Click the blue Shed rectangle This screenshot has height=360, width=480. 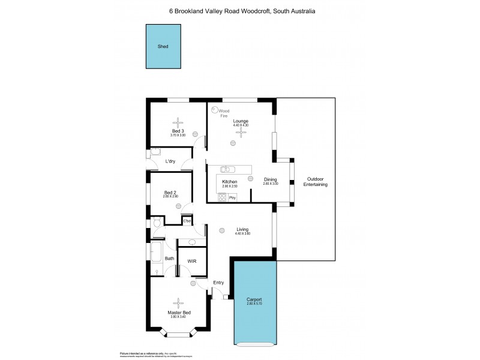coord(163,46)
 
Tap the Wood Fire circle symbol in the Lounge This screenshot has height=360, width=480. coord(215,109)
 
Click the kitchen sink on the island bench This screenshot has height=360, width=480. coord(227,169)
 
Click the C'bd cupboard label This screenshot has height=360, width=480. coord(187,221)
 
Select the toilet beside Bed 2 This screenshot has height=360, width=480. coord(157,223)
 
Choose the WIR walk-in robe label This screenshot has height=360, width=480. coord(192,261)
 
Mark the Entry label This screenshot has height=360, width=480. coord(218,283)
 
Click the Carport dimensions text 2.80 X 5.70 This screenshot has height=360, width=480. coord(254,304)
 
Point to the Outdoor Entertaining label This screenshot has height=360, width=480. coord(316,182)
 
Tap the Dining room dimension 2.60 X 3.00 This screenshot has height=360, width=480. coord(271,184)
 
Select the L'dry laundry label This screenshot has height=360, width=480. coord(170,161)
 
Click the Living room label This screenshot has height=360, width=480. coord(242,229)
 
